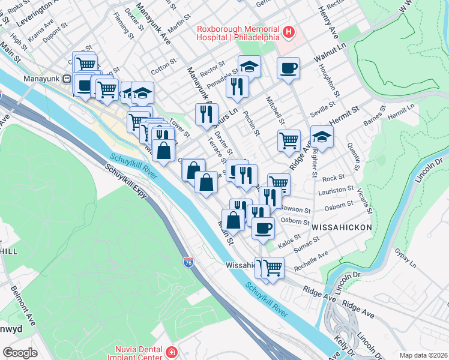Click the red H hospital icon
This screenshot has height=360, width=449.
pyautogui.click(x=289, y=32)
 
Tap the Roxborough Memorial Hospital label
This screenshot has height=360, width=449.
pyautogui.click(x=238, y=32)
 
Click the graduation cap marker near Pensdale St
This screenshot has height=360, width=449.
pyautogui.click(x=249, y=67)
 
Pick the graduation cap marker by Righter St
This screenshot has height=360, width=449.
pyautogui.click(x=322, y=137)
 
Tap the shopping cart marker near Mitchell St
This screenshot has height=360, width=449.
pyautogui.click(x=289, y=141)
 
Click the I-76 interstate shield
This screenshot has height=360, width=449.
pyautogui.click(x=188, y=262)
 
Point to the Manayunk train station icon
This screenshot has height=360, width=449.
pyautogui.click(x=67, y=78)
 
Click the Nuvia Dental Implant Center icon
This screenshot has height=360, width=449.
pyautogui.click(x=172, y=352)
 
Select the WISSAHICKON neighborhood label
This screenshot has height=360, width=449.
pyautogui.click(x=342, y=227)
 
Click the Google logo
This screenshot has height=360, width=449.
pyautogui.click(x=20, y=353)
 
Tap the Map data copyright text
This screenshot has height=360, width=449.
pyautogui.click(x=423, y=355)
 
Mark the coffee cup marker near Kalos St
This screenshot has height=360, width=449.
pyautogui.click(x=262, y=228)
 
